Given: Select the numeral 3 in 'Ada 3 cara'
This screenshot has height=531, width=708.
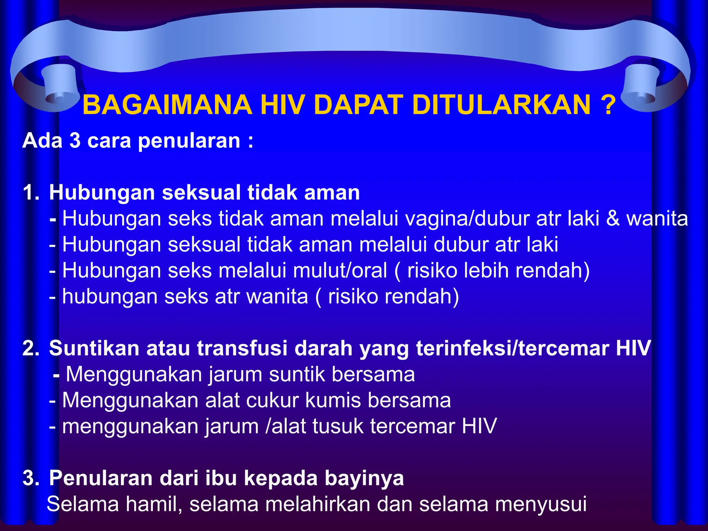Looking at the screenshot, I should pos(75,141).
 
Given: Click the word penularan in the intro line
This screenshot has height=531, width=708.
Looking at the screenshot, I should pos(189,141).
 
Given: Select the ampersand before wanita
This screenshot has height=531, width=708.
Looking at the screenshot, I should pos(613,219).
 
